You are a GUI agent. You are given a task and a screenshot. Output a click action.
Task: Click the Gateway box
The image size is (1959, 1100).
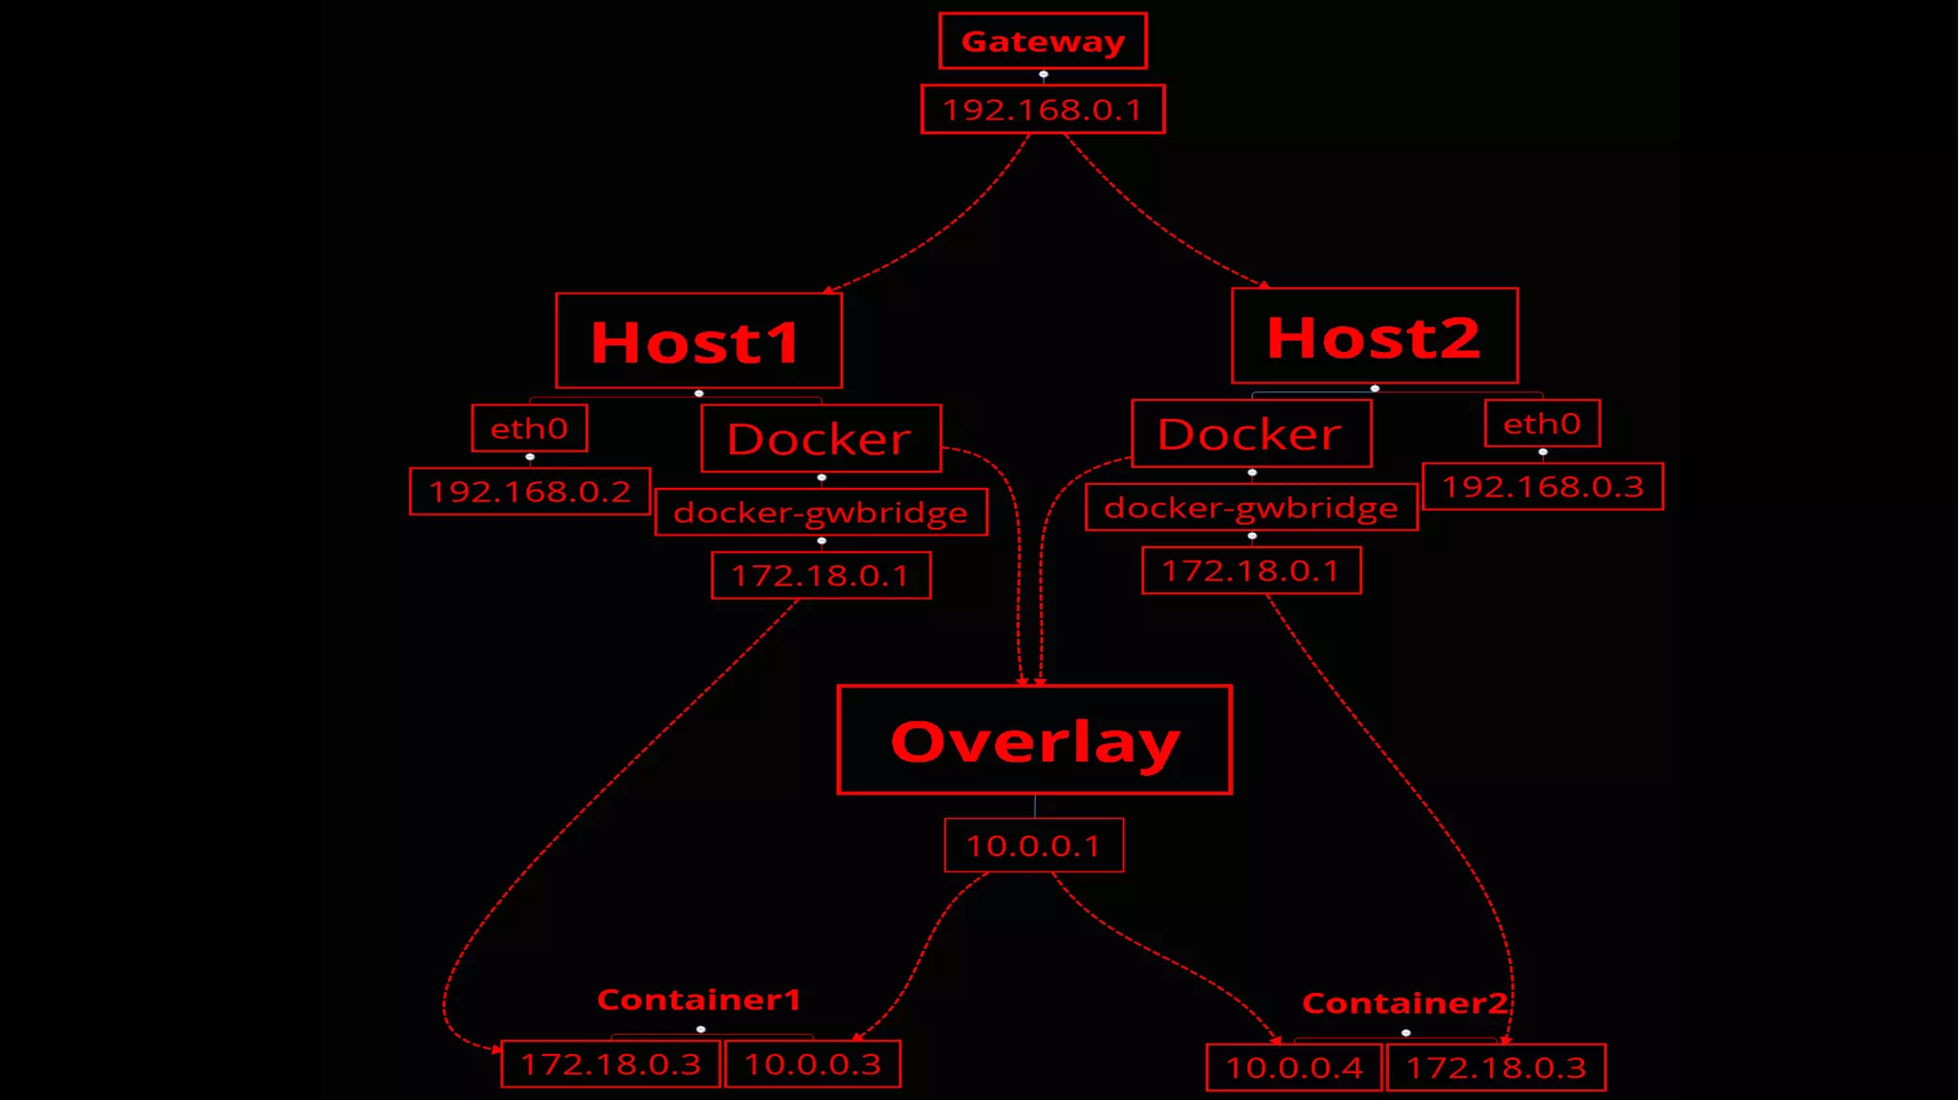pyautogui.click(x=1043, y=41)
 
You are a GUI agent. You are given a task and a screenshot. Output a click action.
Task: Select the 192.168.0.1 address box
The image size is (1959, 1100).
pyautogui.click(x=1043, y=109)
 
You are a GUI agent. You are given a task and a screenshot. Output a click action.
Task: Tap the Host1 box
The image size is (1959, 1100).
pyautogui.click(x=698, y=341)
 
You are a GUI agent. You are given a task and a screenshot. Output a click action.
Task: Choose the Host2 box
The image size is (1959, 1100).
pyautogui.click(x=1375, y=336)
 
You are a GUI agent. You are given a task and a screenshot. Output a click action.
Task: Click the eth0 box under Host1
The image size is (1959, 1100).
pyautogui.click(x=529, y=428)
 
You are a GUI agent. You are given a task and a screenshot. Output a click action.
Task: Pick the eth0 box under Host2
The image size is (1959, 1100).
pyautogui.click(x=1542, y=423)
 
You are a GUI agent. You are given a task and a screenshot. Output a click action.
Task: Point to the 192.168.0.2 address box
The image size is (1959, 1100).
pyautogui.click(x=530, y=491)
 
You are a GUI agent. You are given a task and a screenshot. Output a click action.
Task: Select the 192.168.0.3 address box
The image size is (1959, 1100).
pyautogui.click(x=1543, y=486)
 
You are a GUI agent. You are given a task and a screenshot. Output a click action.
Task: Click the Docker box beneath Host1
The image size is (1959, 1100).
pyautogui.click(x=821, y=439)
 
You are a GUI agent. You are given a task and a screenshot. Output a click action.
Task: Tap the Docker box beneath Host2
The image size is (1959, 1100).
pyautogui.click(x=1251, y=433)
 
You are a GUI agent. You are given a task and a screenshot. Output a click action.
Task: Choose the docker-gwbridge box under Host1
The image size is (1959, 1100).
pyautogui.click(x=821, y=513)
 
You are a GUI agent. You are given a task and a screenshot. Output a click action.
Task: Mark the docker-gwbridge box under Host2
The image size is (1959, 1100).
pyautogui.click(x=1251, y=507)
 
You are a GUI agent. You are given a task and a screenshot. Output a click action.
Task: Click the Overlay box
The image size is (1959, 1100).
pyautogui.click(x=1034, y=739)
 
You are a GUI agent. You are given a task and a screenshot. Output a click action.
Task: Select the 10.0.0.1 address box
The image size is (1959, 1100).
pyautogui.click(x=1034, y=845)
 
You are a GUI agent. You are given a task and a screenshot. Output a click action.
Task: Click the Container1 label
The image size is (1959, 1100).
pyautogui.click(x=699, y=1000)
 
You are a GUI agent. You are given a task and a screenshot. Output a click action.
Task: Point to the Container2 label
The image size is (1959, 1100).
pyautogui.click(x=1405, y=1002)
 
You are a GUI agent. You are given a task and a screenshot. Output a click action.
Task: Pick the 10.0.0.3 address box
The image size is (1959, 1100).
pyautogui.click(x=813, y=1064)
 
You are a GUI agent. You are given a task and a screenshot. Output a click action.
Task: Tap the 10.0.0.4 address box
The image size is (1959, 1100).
pyautogui.click(x=1294, y=1067)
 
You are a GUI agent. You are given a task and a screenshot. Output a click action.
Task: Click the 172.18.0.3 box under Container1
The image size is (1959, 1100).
pyautogui.click(x=611, y=1064)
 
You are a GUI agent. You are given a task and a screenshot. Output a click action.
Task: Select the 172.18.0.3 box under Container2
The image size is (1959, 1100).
pyautogui.click(x=1496, y=1067)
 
